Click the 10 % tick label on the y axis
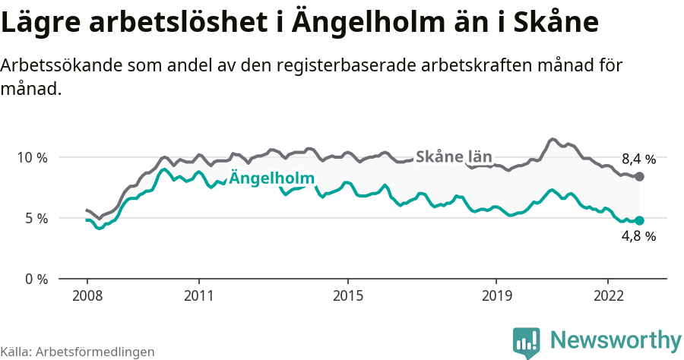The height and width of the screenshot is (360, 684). click(x=32, y=157)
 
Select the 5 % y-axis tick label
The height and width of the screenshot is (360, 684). click(x=36, y=218)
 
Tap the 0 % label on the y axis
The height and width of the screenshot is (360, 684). click(x=36, y=279)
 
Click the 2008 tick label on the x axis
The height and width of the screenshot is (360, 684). click(x=87, y=295)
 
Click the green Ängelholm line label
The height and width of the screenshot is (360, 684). click(x=271, y=179)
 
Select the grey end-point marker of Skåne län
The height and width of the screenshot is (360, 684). click(x=639, y=176)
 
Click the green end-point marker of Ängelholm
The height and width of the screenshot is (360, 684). click(x=639, y=220)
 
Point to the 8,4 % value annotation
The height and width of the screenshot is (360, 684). click(x=638, y=159)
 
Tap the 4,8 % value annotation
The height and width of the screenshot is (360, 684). click(x=638, y=236)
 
